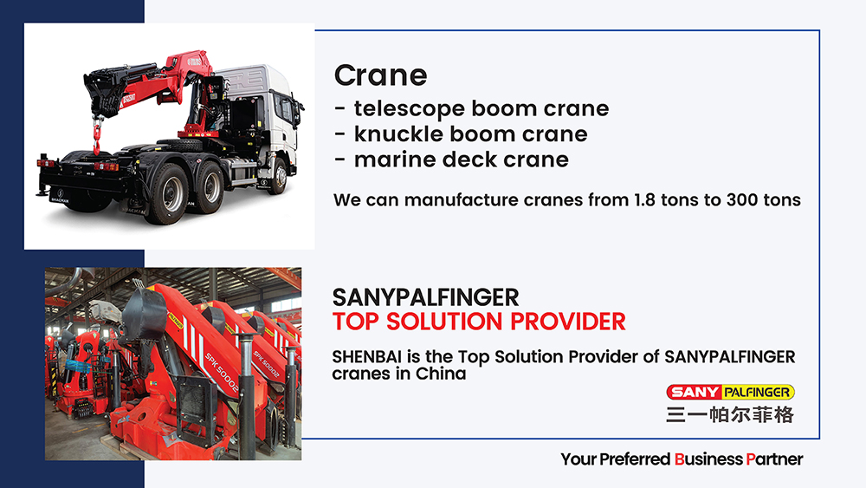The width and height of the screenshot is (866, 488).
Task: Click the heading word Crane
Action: pos(380,75)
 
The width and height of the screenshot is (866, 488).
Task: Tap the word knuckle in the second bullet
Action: pos(397,133)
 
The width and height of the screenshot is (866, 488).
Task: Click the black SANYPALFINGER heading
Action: pos(425,298)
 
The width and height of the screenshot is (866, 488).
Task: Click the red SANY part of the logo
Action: pos(695,393)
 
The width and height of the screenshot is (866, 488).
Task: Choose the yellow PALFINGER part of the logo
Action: pos(757,393)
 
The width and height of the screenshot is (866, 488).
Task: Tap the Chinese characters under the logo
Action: pos(729,414)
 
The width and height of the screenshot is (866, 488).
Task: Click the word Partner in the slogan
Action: pos(774,459)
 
